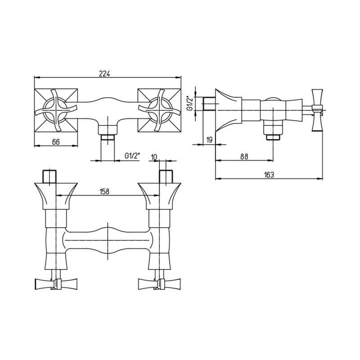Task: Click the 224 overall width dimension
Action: [x=104, y=74]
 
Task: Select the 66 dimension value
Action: [x=56, y=142]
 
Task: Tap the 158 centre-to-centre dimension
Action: [x=104, y=191]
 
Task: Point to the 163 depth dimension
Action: [x=269, y=175]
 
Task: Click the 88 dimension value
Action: [x=244, y=157]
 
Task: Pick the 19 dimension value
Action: [x=209, y=140]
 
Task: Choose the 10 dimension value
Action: [x=154, y=157]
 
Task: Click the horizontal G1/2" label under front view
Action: [x=132, y=156]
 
